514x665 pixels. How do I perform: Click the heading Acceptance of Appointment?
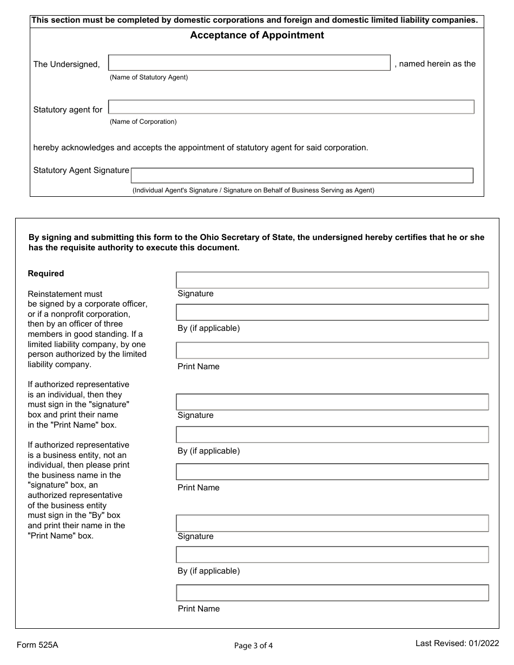(x=257, y=36)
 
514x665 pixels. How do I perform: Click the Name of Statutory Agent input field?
(x=249, y=63)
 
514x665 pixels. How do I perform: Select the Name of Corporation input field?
(x=291, y=107)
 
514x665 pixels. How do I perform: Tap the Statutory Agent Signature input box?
(x=302, y=176)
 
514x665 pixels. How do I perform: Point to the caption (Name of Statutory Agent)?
(x=149, y=77)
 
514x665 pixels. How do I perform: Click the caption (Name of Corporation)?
(x=143, y=122)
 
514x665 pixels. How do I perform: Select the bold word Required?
(x=46, y=274)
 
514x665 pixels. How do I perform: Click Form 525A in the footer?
(x=37, y=644)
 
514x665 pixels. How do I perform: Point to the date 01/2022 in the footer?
(x=483, y=643)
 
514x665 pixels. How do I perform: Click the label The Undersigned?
(x=67, y=64)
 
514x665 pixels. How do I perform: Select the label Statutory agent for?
(x=68, y=110)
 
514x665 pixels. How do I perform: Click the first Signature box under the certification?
(x=332, y=280)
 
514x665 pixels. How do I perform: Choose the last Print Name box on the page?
(x=332, y=593)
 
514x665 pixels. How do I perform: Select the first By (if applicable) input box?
(x=332, y=312)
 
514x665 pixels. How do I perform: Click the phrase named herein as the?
(x=437, y=64)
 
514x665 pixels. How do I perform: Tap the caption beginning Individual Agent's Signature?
(x=253, y=190)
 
